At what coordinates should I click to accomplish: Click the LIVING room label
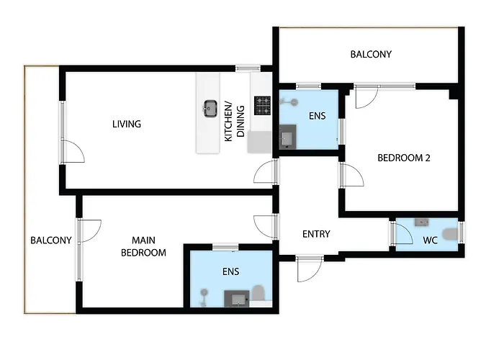coord(126,124)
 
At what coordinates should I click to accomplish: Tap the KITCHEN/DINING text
coord(235,121)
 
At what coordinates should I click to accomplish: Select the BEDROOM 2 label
coord(404,158)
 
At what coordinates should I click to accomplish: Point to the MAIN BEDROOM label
coord(143,246)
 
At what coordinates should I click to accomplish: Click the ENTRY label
coord(316,234)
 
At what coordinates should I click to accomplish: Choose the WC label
coord(431,240)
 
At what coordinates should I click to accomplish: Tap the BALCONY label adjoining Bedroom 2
coord(371,55)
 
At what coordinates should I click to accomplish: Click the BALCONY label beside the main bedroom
coord(50,240)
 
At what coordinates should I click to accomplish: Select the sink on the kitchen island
coord(211,108)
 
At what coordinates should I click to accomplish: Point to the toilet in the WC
coord(450,233)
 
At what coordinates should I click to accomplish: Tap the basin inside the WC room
coord(423,222)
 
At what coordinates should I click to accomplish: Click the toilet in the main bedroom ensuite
coord(258,293)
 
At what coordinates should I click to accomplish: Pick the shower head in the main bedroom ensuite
coord(204,292)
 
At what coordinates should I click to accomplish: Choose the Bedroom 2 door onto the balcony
coord(364,97)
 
